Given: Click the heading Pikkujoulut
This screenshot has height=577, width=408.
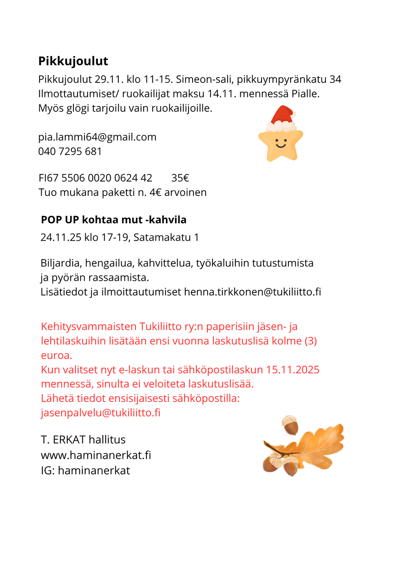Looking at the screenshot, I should coord(73,61).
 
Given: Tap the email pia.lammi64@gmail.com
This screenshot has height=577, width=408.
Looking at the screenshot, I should coord(97,137).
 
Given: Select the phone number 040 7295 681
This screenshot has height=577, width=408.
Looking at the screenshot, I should coord(70,151).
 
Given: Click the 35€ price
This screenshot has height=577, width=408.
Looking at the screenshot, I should coord(180,178).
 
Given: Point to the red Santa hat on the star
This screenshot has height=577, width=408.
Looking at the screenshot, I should coord(282,116).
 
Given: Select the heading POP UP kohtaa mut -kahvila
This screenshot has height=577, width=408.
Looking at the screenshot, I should coord(113,220).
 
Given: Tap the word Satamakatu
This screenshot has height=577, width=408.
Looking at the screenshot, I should coord(162,237).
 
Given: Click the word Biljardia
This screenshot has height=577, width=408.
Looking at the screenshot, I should coord(61,263).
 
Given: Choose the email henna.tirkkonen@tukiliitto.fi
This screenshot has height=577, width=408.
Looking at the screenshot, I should coord(252,292).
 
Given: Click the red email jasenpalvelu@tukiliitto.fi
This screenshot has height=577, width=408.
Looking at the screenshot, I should coord(100,413).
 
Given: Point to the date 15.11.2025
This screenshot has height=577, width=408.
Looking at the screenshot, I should coord(293,370).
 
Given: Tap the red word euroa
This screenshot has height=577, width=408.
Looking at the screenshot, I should coord(56,355).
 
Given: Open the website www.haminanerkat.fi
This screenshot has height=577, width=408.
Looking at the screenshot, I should coord(96,455).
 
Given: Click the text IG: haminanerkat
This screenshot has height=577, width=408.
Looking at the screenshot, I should coord(85,470).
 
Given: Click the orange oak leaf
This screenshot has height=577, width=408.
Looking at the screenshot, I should coord(318,445).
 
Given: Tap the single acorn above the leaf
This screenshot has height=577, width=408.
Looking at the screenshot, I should coord(290,425).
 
